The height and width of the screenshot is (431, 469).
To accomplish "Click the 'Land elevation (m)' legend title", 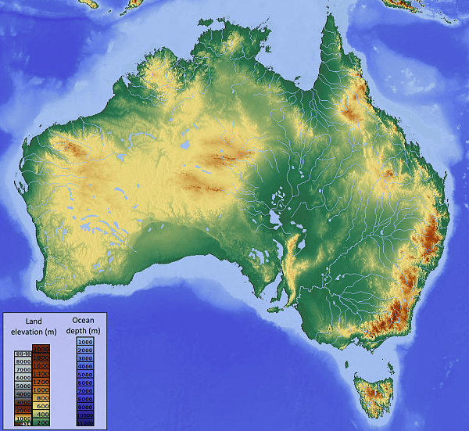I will pyautogui.click(x=32, y=326).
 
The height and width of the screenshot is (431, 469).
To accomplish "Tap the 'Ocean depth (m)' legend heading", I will pyautogui.click(x=85, y=325).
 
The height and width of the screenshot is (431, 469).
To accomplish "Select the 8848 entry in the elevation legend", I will pyautogui.click(x=23, y=354).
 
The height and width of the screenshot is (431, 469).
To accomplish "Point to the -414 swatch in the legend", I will pyautogui.click(x=23, y=423).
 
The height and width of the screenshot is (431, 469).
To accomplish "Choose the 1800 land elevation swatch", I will pyautogui.click(x=41, y=357).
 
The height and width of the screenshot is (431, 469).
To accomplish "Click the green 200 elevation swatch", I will pyautogui.click(x=41, y=422).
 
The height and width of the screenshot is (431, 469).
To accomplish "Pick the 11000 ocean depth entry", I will pyautogui.click(x=85, y=422).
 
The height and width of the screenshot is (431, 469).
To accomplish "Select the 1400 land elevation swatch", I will pyautogui.click(x=41, y=373).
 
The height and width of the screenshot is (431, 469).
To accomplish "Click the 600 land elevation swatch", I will pyautogui.click(x=41, y=406).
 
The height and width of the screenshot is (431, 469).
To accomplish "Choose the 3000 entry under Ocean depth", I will pyautogui.click(x=85, y=358).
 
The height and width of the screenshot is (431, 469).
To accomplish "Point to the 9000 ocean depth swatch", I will pyautogui.click(x=85, y=407).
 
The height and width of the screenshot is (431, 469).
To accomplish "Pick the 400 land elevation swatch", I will pyautogui.click(x=41, y=415).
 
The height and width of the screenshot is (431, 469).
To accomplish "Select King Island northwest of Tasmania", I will pyautogui.click(x=346, y=361).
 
